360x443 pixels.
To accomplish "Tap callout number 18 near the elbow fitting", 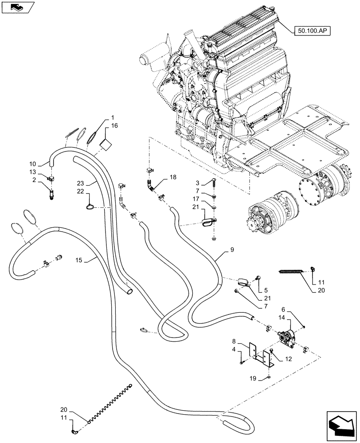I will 172,177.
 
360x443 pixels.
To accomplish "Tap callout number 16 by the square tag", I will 114,126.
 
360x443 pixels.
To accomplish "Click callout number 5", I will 265,291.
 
